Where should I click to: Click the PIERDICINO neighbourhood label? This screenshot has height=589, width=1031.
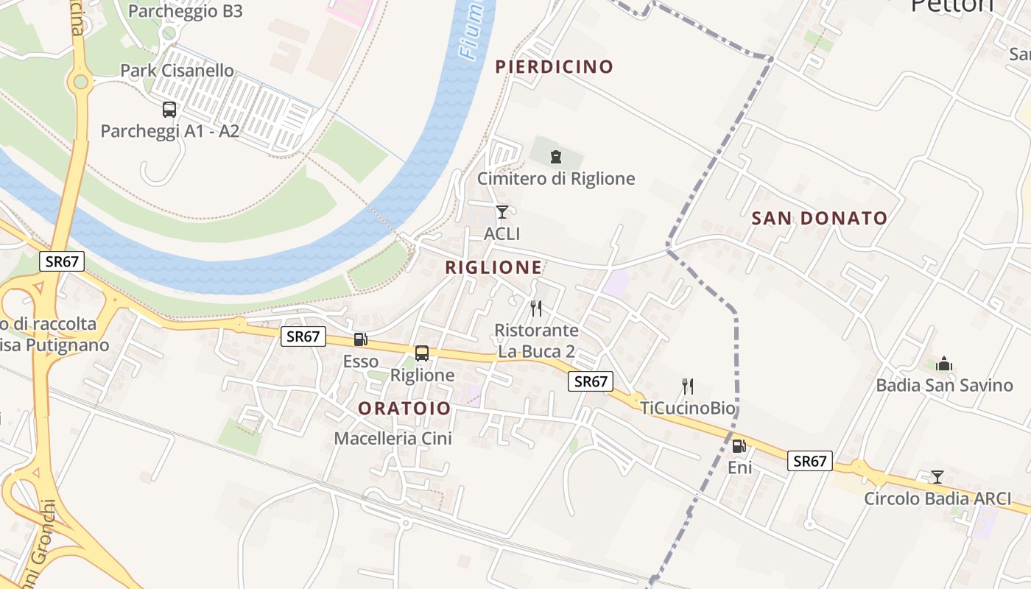click(555, 67)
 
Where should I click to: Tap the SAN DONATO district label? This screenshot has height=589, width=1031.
click(819, 218)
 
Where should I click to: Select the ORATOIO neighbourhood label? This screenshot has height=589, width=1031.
click(404, 408)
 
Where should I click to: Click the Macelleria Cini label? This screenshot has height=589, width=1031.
click(393, 438)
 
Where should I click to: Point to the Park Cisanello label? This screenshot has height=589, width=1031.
click(177, 71)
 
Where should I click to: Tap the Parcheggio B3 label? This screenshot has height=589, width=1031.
click(185, 11)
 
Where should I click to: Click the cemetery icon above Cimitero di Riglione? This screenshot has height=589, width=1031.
click(555, 156)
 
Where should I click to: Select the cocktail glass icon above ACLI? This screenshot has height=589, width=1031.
click(502, 212)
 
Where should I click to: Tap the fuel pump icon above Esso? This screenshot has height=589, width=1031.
click(361, 339)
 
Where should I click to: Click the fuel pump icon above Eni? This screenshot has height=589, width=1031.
click(739, 445)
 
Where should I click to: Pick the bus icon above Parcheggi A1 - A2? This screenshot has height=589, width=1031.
click(169, 110)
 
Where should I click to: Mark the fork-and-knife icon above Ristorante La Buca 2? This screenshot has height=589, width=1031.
click(536, 308)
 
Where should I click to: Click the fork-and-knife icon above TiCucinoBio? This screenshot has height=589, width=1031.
click(688, 386)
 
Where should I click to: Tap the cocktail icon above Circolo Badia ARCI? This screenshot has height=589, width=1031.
click(937, 476)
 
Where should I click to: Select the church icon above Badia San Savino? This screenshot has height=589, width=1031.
click(944, 364)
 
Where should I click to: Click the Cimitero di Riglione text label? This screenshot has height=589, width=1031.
click(556, 178)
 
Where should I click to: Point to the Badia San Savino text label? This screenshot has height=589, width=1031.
click(944, 385)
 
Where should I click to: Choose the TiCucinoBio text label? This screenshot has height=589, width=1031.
click(688, 407)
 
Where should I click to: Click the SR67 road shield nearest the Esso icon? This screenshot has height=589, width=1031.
click(303, 336)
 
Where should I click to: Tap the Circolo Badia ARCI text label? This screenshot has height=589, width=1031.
click(937, 498)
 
